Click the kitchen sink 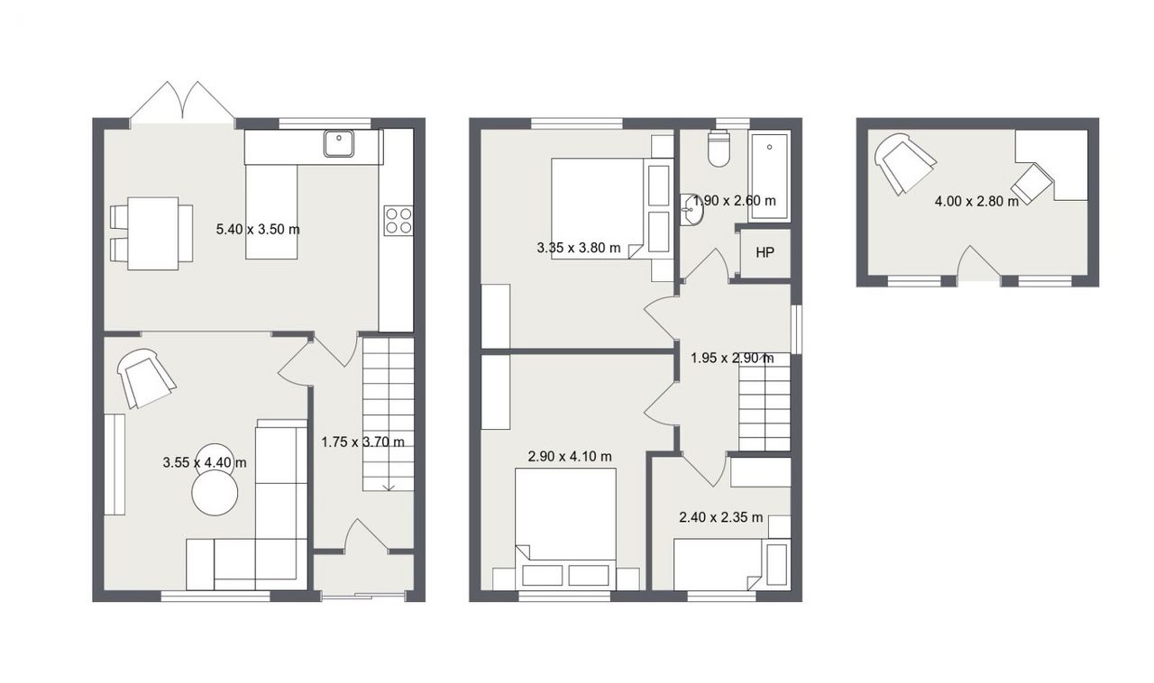(x=339, y=143)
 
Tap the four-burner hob (x=398, y=221)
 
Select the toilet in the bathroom (x=719, y=149)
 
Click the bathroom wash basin (x=691, y=210)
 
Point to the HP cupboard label (x=765, y=253)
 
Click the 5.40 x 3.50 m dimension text (x=258, y=230)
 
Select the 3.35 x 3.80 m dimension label (x=579, y=249)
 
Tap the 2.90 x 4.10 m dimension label (x=570, y=456)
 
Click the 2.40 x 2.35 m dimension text (x=720, y=517)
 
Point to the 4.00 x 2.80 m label (x=976, y=202)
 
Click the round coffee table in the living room (x=215, y=493)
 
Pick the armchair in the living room (x=146, y=377)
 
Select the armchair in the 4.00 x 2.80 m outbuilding (x=904, y=164)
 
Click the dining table (x=153, y=233)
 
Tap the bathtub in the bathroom (x=769, y=177)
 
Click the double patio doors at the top (x=183, y=103)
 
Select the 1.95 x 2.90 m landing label (x=732, y=358)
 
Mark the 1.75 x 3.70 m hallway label (x=362, y=442)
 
